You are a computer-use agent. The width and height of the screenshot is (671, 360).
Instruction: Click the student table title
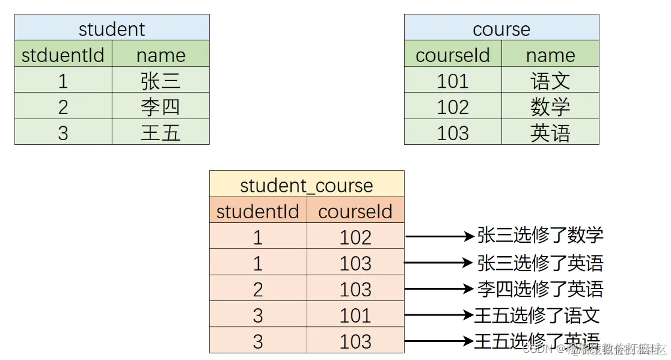click(x=112, y=28)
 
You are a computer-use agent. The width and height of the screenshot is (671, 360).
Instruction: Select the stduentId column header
click(x=63, y=55)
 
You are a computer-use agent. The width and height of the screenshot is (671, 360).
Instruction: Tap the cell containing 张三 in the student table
click(x=161, y=81)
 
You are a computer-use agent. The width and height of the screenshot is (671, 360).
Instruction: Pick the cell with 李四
click(x=161, y=106)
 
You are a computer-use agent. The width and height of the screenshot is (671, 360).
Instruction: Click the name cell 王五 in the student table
click(x=161, y=132)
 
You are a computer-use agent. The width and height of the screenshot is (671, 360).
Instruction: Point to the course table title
click(x=501, y=28)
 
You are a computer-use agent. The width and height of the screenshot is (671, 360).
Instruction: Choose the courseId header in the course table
click(x=453, y=55)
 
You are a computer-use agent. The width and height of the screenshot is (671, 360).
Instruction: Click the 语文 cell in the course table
click(x=550, y=81)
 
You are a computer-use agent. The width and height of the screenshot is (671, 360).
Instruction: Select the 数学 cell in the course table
click(x=550, y=106)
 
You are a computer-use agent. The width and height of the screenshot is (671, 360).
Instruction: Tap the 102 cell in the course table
click(x=453, y=106)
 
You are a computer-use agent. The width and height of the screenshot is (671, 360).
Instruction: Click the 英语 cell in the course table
click(x=550, y=132)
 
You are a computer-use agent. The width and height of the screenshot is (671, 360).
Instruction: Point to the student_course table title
click(x=307, y=185)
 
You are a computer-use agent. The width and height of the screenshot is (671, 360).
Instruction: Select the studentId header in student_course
click(x=258, y=211)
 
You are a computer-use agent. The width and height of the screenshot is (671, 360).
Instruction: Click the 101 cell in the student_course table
click(x=355, y=315)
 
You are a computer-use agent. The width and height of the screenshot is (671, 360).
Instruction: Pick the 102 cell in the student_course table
click(x=355, y=237)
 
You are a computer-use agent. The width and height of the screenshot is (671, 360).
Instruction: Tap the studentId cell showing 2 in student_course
click(x=258, y=289)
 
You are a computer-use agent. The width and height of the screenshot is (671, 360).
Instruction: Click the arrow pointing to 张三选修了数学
click(x=440, y=237)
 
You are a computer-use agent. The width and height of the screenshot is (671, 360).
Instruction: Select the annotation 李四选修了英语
click(x=540, y=289)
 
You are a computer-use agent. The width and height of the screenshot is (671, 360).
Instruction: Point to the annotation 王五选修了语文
click(x=537, y=315)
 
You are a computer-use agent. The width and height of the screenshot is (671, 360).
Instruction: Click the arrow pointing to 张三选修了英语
click(x=440, y=263)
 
